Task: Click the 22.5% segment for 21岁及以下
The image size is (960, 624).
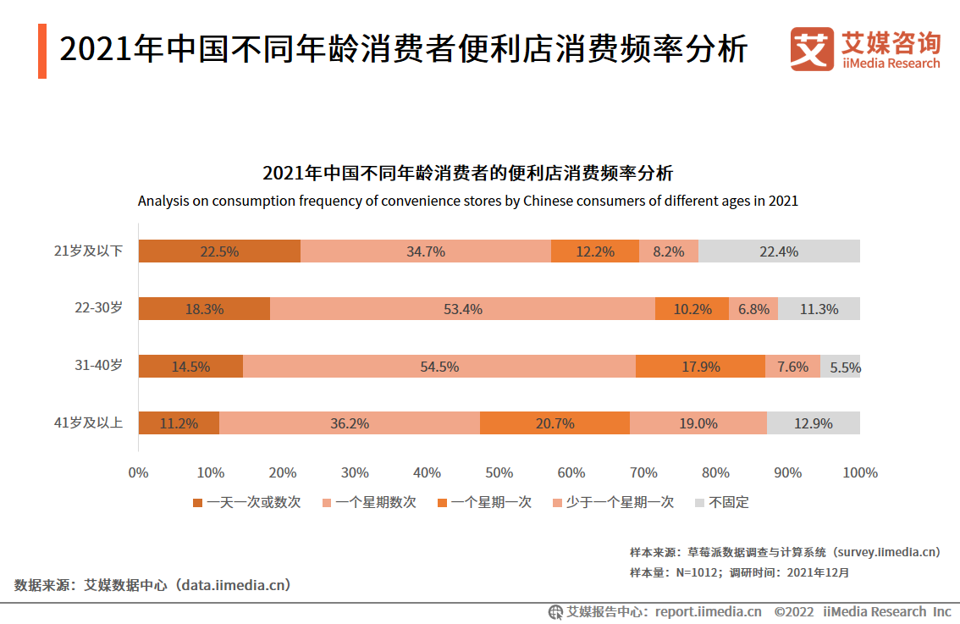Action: [x=219, y=251]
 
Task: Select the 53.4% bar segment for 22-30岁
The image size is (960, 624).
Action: [x=462, y=309]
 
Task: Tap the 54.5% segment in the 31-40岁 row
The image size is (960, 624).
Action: [x=439, y=367]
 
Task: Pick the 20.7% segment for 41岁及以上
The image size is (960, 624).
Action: [x=554, y=423]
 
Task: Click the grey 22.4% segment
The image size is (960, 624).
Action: [x=779, y=251]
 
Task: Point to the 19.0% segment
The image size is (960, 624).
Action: [x=698, y=423]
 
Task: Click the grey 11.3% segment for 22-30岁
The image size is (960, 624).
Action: [x=819, y=309]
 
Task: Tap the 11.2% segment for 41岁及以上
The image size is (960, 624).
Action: [x=179, y=423]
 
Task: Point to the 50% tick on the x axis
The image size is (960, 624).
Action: [x=499, y=472]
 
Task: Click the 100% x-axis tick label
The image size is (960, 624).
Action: [x=860, y=472]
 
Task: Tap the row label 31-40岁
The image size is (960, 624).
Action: [x=98, y=365]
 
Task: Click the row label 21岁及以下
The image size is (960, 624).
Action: [x=89, y=251]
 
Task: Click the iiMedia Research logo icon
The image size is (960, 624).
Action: [x=812, y=49]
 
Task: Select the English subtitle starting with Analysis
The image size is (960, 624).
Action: [x=468, y=202]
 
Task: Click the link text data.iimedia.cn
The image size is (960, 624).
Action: [x=234, y=584]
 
